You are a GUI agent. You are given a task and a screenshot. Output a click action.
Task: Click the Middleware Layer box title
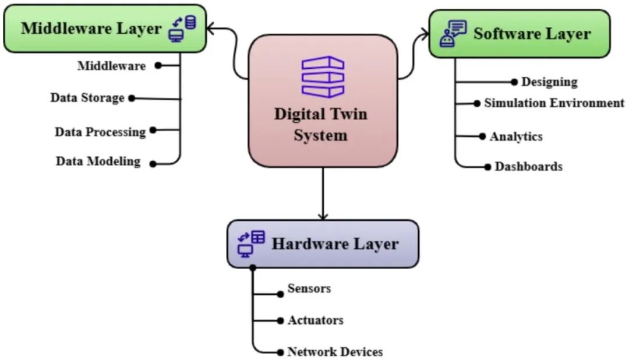[91, 29]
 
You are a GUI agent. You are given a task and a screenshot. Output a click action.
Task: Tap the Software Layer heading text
[532, 34]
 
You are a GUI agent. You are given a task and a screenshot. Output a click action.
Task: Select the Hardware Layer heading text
[335, 243]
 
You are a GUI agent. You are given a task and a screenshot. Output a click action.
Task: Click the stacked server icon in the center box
[323, 77]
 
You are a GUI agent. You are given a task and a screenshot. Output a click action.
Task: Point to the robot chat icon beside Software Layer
[453, 34]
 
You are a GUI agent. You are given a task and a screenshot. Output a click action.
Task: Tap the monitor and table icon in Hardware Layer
[251, 243]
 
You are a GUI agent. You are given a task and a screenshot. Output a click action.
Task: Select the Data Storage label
[87, 97]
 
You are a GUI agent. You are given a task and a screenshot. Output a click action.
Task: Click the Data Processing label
[100, 132]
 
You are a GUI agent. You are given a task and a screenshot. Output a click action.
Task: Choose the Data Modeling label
[98, 161]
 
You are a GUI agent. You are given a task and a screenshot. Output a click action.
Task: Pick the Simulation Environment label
[554, 103]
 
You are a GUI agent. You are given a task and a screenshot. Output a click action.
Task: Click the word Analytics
[516, 136]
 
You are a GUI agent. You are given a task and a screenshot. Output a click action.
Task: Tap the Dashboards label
[529, 166]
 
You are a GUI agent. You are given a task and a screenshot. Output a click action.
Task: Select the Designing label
[549, 82]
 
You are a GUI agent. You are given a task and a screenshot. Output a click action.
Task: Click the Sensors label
[309, 288]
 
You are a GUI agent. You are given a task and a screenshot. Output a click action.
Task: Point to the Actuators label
[315, 320]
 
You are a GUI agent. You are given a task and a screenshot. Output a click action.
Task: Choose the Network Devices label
[335, 352]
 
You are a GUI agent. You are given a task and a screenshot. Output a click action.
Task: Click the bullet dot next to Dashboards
[488, 167]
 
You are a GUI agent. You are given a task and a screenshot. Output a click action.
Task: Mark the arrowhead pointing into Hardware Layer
[323, 217]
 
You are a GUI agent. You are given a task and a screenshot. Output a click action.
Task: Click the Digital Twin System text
[320, 125]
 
